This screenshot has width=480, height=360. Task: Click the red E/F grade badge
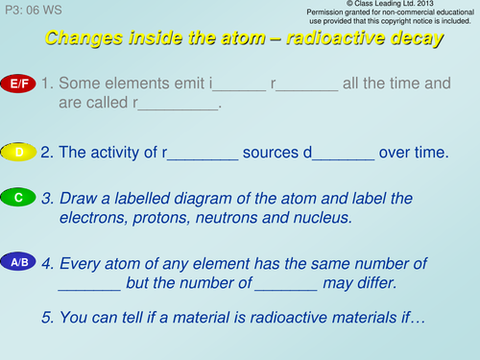(19, 85)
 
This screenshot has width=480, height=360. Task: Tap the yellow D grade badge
(19, 152)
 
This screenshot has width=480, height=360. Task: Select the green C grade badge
(19, 198)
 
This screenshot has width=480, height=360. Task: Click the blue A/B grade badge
(19, 262)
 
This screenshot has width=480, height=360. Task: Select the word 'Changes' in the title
(84, 39)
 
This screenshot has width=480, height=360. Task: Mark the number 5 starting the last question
(47, 317)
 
